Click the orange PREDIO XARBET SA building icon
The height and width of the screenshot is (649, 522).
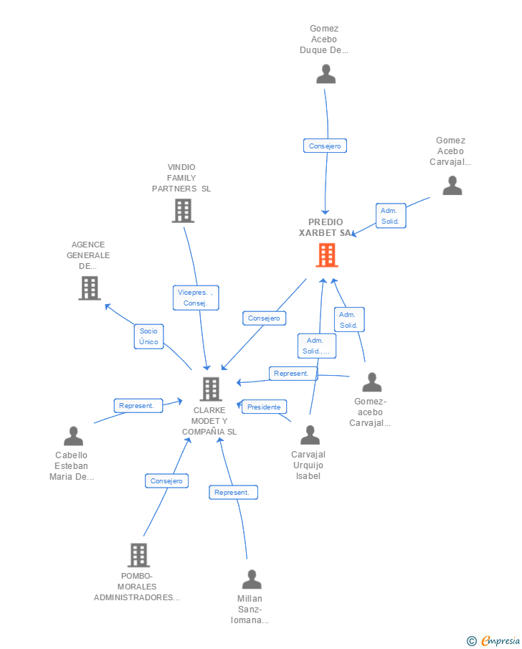point(326,255)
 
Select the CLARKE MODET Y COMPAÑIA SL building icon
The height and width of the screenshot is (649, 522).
point(211,389)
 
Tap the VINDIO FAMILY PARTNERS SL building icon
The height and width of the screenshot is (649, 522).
point(183,210)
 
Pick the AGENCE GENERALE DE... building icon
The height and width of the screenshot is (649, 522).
point(89,288)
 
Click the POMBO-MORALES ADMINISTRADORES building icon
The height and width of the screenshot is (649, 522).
point(138,554)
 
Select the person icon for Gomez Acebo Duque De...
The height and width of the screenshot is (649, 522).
point(326,74)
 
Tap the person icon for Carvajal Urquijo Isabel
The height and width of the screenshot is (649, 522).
point(310,435)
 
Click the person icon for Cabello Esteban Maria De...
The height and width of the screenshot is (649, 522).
point(73,435)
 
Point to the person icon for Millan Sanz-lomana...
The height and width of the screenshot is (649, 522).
point(252,579)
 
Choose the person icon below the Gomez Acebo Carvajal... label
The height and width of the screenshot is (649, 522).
point(452,185)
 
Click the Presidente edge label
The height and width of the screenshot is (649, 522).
point(264,407)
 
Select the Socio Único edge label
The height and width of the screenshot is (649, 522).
point(148,336)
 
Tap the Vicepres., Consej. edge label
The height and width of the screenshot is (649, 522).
point(196,298)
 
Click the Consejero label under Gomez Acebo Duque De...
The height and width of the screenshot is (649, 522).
point(325,146)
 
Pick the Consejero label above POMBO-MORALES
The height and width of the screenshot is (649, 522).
point(166,480)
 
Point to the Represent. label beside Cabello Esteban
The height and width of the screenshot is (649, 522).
point(137,405)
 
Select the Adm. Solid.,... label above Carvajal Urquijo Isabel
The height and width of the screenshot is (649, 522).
point(317,346)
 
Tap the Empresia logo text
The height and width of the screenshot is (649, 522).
point(500,640)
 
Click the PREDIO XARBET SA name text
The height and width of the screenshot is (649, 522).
point(326,227)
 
